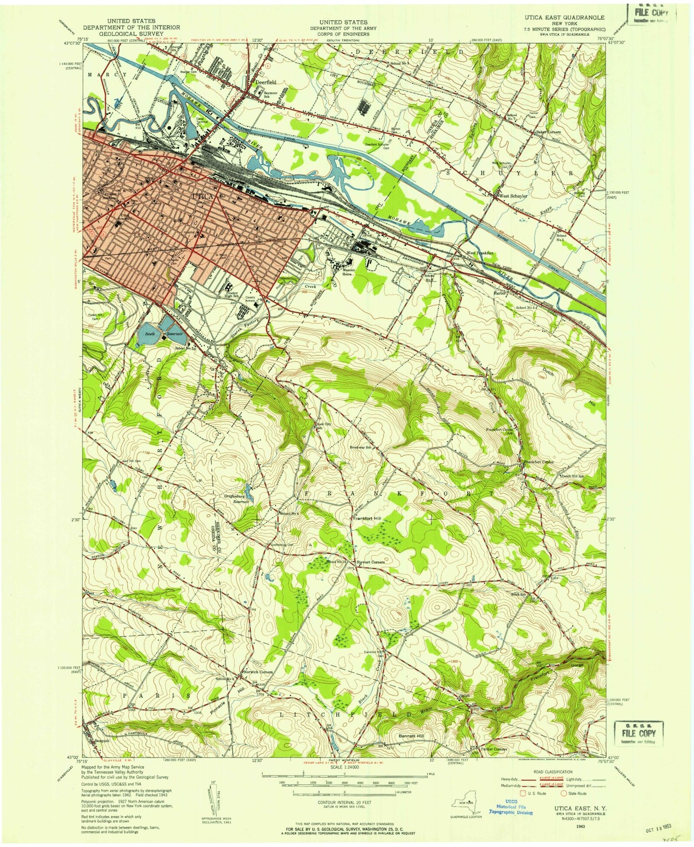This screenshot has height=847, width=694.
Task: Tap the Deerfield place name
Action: point(262,82)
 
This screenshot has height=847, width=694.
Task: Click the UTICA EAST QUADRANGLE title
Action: point(559,17)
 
